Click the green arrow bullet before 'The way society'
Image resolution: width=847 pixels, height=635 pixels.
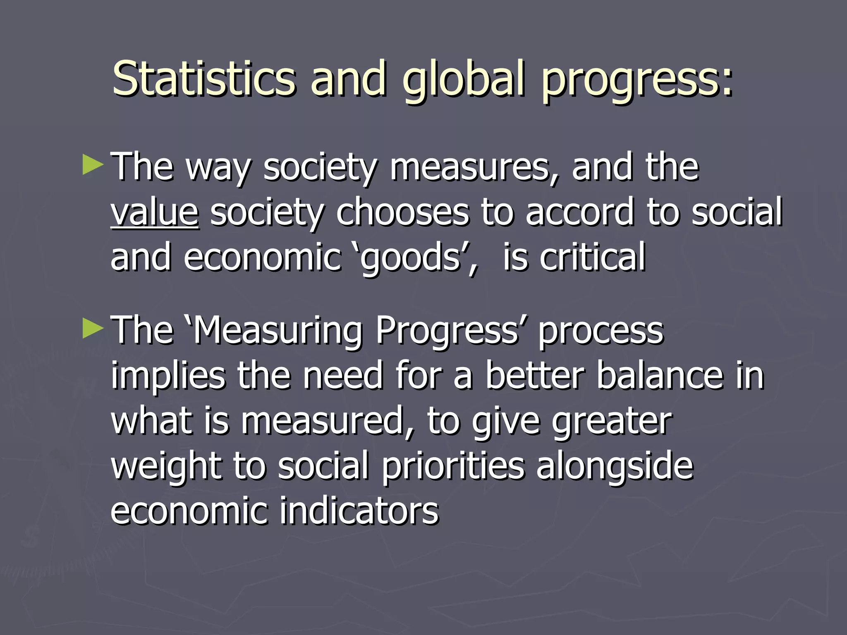pos(93,165)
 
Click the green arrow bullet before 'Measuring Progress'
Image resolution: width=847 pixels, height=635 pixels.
pos(93,328)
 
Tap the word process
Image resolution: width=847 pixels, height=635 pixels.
pos(601,331)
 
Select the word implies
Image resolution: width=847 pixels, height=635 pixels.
pos(168,376)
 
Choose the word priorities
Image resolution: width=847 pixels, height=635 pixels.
pos(453,467)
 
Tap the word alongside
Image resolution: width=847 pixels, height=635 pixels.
pos(615,467)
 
